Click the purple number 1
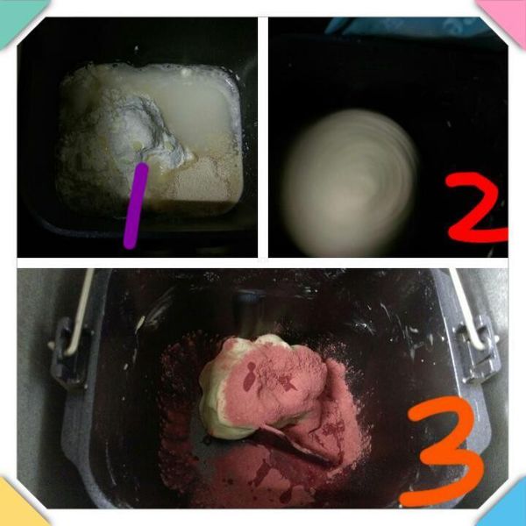tap(136, 206)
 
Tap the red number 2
tap(476, 208)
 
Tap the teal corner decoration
tap(17, 17)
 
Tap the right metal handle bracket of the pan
tap(476, 349)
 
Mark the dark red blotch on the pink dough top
tap(249, 377)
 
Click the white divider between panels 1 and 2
tap(263, 137)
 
